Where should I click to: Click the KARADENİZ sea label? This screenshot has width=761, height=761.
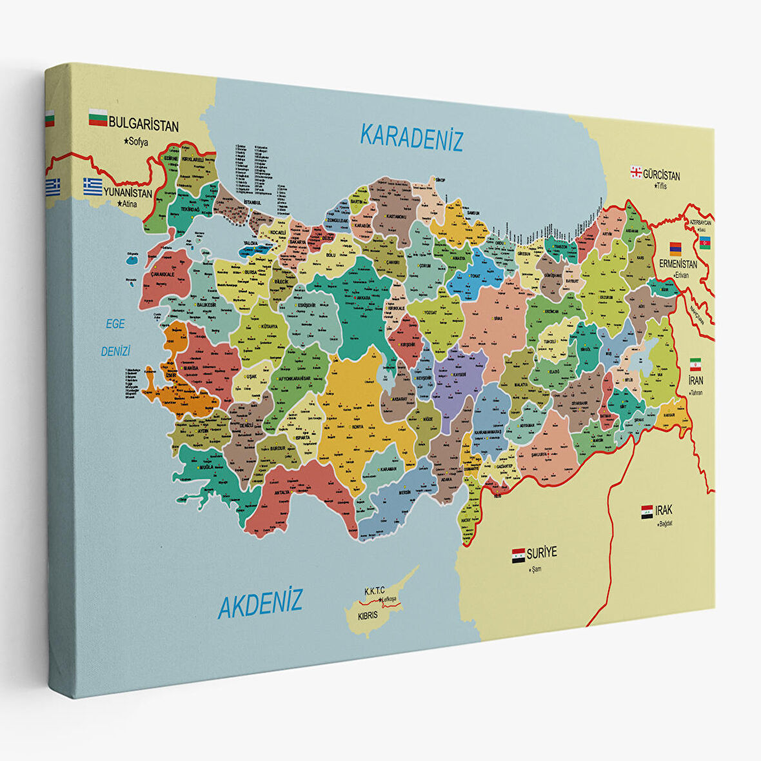(x=411, y=137)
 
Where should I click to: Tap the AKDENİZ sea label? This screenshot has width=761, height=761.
(x=260, y=604)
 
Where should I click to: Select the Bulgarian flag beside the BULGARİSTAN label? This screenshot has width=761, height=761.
(x=98, y=119)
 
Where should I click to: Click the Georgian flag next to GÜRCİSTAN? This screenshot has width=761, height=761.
(x=636, y=172)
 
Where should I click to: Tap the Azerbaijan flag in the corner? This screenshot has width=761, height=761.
(x=706, y=242)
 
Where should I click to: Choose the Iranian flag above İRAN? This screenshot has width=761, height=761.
(x=695, y=364)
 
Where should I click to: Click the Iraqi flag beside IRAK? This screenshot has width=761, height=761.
(x=647, y=512)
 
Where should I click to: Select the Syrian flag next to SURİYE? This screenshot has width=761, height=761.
(x=518, y=555)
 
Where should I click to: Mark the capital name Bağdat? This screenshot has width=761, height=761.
(x=664, y=523)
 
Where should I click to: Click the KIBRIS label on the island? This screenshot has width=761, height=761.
(x=368, y=615)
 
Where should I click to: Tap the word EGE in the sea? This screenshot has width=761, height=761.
(x=115, y=324)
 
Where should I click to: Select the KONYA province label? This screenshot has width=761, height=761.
(x=358, y=427)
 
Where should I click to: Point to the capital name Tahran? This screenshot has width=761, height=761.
(x=695, y=392)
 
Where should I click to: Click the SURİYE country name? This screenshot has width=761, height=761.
(x=541, y=553)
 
